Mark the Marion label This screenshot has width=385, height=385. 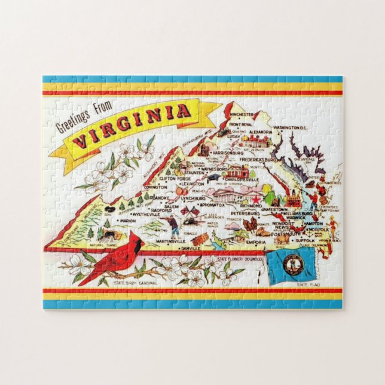tap(128, 220)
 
